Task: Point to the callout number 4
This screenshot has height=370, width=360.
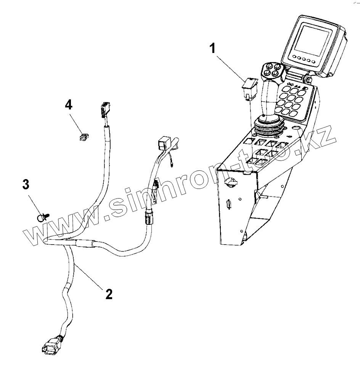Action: (69, 105)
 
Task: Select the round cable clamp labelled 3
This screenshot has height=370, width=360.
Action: (42, 218)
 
